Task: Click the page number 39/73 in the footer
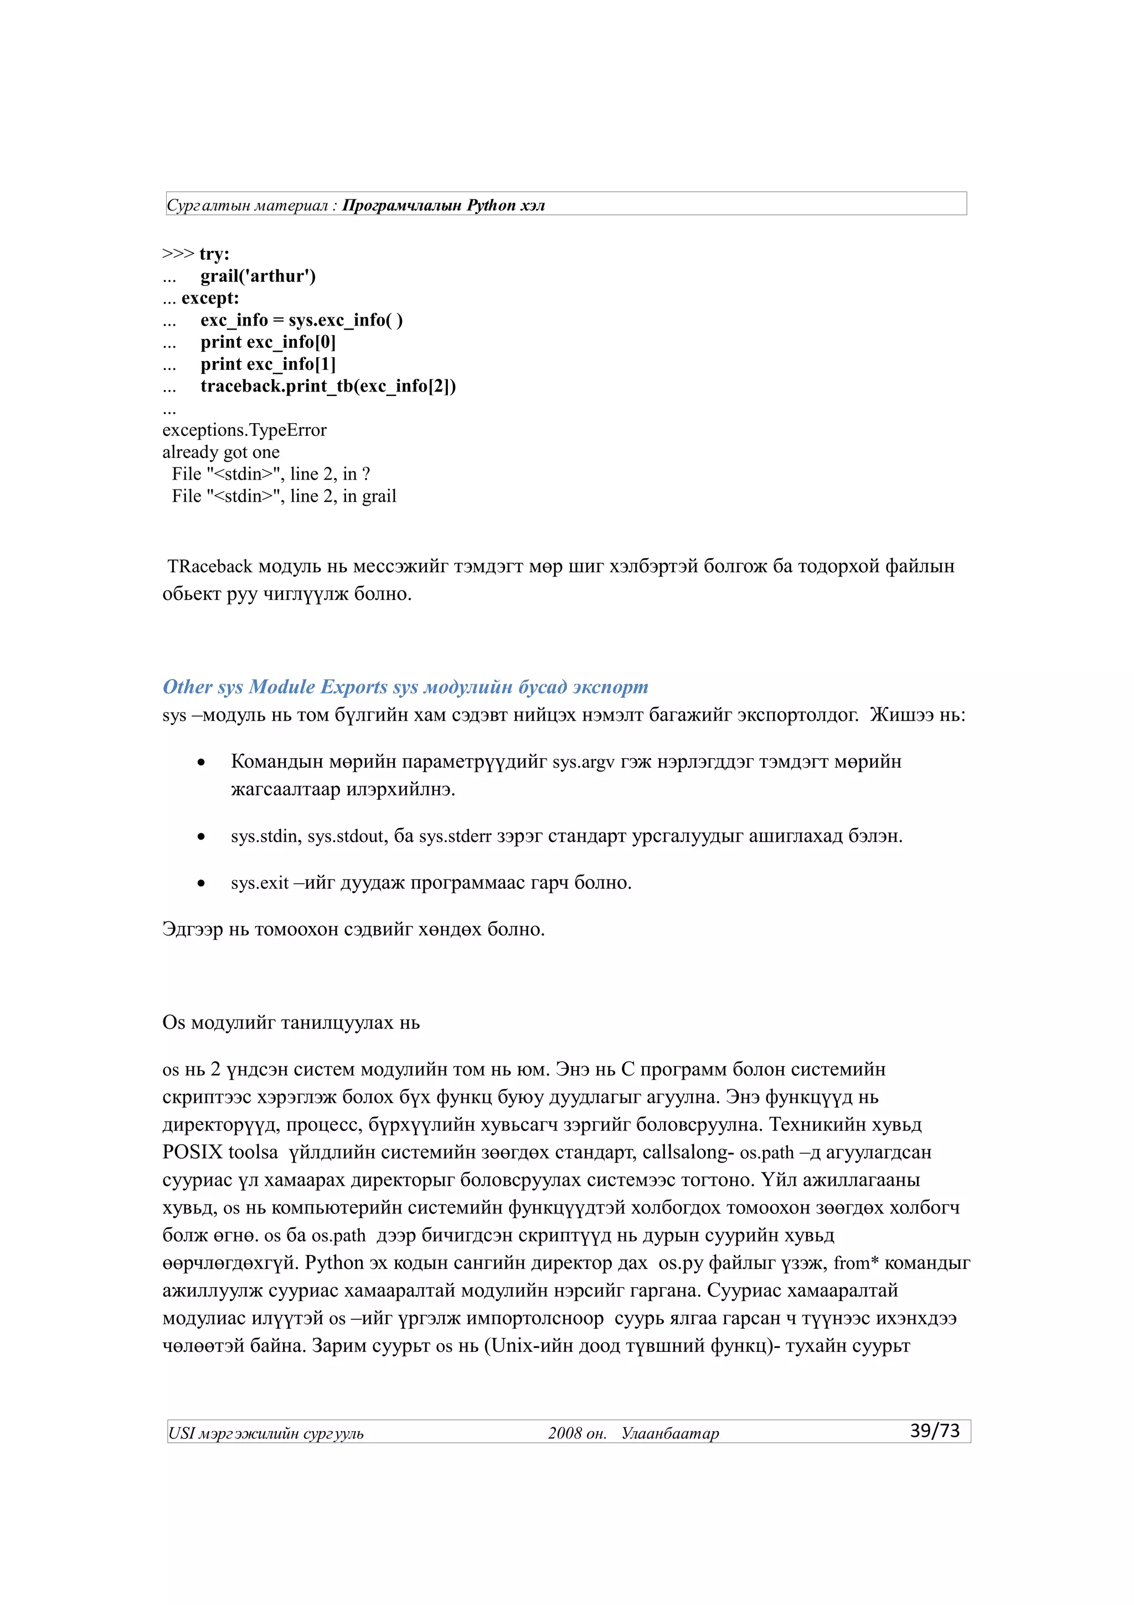click(934, 1431)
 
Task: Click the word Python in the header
click(491, 205)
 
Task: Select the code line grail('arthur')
click(258, 276)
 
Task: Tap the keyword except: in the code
click(210, 299)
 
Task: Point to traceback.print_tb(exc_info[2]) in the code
click(328, 386)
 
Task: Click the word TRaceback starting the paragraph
click(210, 565)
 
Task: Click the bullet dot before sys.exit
click(201, 883)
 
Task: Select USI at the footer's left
click(181, 1434)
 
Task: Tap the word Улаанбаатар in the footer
click(670, 1434)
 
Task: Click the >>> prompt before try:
click(178, 254)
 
